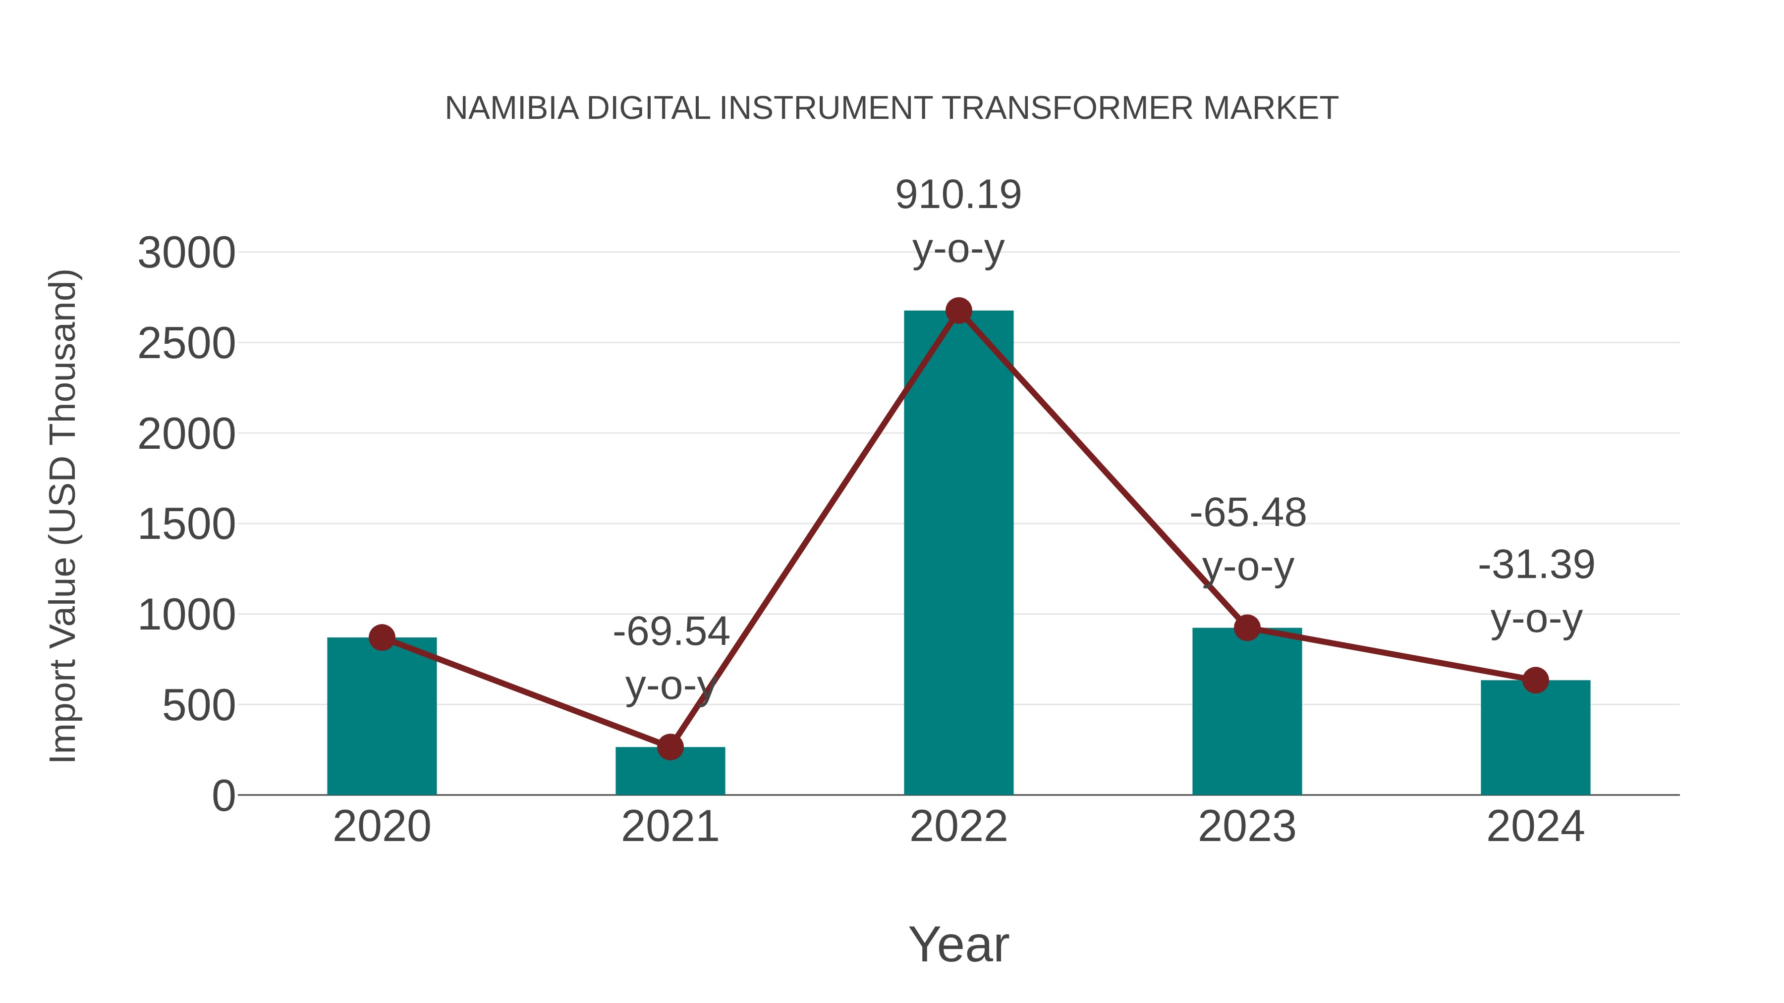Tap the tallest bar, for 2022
point(958,554)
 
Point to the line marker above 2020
point(382,637)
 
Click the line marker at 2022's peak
point(958,311)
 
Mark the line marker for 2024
point(1535,681)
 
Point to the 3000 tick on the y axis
point(186,253)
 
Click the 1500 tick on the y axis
point(186,525)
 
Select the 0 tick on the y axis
point(223,796)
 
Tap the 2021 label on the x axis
point(669,827)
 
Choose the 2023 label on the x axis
point(1247,827)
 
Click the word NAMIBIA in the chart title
point(511,108)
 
